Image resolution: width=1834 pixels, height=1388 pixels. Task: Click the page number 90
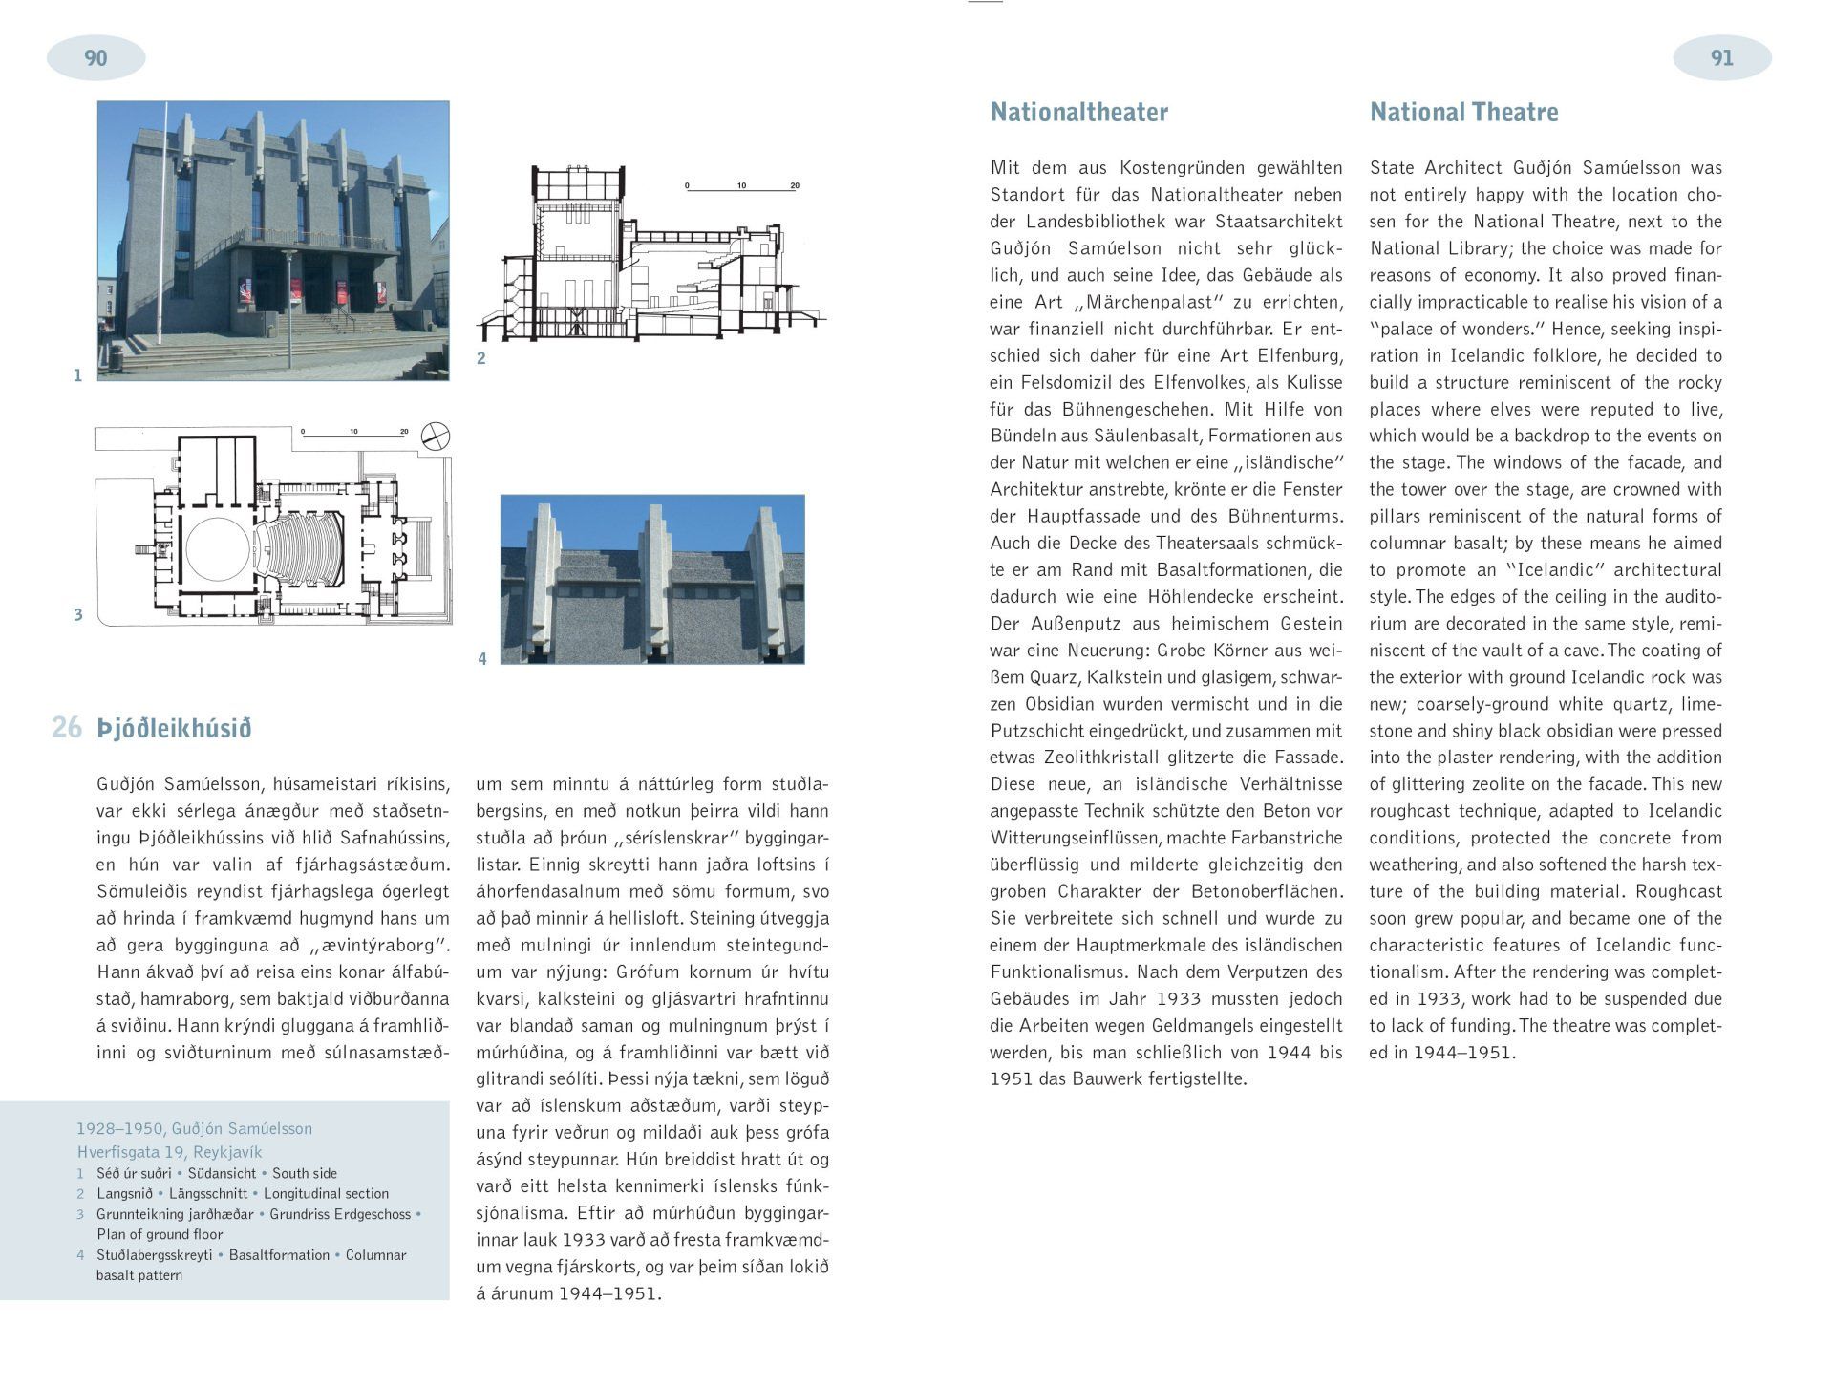[x=96, y=58]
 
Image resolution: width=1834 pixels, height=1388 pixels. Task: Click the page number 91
[x=1721, y=58]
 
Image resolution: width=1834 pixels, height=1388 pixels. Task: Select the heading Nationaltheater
[x=1078, y=113]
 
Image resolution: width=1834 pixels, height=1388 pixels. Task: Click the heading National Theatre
[x=1463, y=113]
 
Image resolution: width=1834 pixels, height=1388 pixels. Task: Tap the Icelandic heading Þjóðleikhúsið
[x=174, y=729]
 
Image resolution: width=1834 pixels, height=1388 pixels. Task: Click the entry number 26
[x=67, y=728]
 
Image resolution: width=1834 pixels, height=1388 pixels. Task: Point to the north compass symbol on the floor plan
[x=436, y=437]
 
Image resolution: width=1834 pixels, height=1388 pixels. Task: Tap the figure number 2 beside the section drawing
[x=481, y=359]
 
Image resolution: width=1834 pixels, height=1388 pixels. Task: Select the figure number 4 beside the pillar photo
[x=482, y=659]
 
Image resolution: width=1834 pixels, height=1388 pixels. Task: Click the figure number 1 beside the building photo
[x=78, y=376]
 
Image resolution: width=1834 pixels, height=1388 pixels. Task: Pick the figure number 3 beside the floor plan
[x=78, y=615]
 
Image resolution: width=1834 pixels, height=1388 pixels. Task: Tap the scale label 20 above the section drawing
[x=795, y=185]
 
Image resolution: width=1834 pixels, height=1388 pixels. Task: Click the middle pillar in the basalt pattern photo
[x=654, y=583]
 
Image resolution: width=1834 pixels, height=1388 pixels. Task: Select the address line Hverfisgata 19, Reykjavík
[x=169, y=1152]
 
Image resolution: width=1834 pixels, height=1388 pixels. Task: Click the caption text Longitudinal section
[x=326, y=1193]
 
